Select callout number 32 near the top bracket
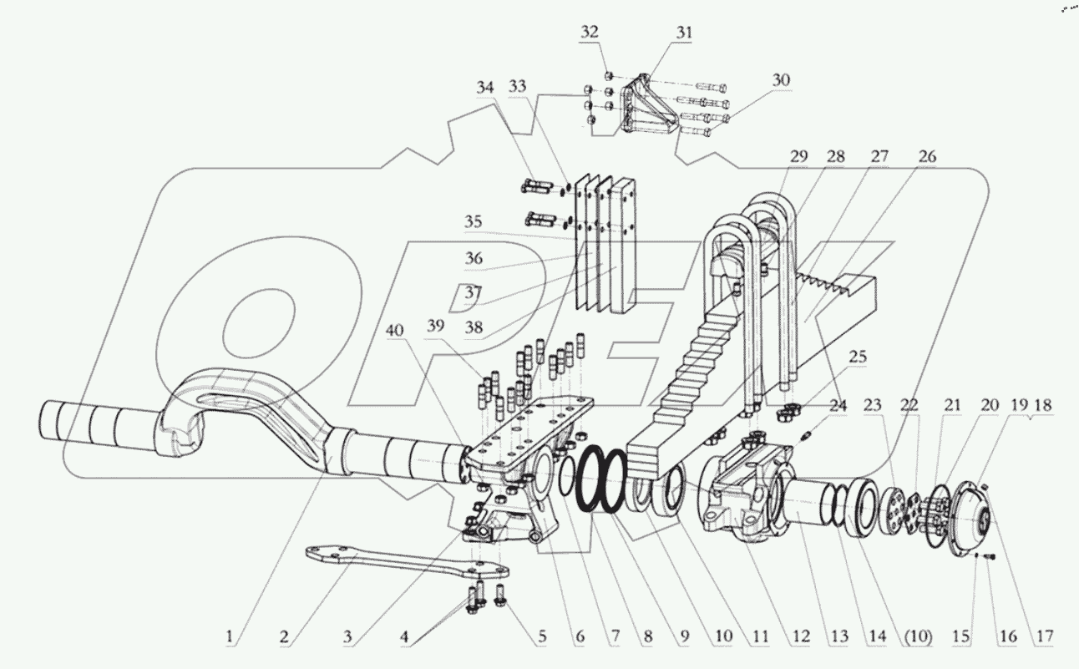tap(590, 33)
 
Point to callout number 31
tap(685, 33)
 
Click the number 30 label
tap(781, 80)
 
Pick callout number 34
tap(486, 87)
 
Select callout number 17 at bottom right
tap(1044, 637)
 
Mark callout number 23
tap(871, 406)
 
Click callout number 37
tap(474, 294)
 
